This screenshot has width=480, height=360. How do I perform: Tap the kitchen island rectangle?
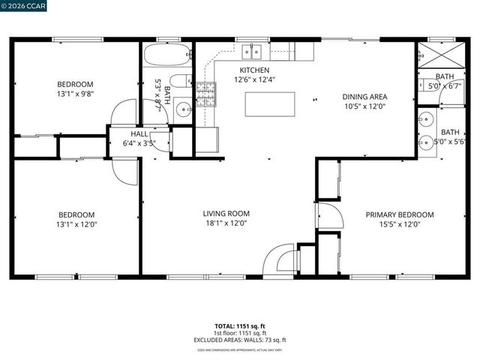[x=268, y=103]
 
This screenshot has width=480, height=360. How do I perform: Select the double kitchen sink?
[x=252, y=51]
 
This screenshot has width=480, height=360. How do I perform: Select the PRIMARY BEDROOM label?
[x=399, y=214]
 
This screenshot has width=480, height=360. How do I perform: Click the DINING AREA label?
[x=364, y=97]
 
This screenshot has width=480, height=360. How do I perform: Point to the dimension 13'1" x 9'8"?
[x=76, y=94]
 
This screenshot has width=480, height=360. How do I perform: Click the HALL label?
[x=139, y=134]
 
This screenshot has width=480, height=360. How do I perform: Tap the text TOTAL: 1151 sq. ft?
[x=240, y=326]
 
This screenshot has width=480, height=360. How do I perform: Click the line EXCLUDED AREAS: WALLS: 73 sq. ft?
[x=240, y=340]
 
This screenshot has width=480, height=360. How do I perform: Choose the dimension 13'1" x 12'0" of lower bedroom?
[x=76, y=223]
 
